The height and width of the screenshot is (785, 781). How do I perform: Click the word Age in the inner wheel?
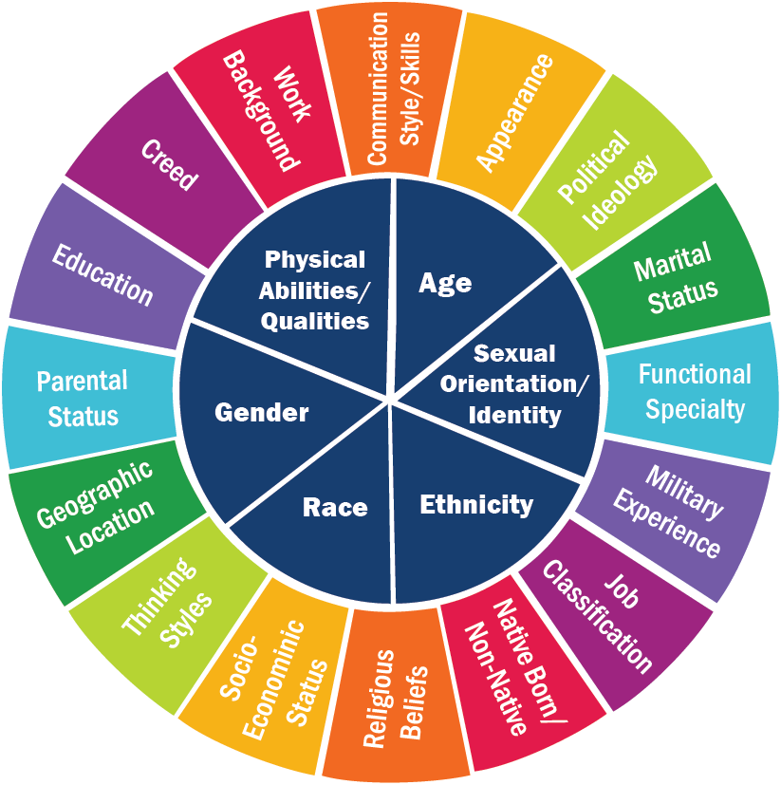(x=445, y=284)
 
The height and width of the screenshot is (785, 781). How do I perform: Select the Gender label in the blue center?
(x=261, y=413)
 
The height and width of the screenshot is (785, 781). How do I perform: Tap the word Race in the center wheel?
(x=335, y=507)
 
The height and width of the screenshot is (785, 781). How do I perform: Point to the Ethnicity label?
(x=476, y=505)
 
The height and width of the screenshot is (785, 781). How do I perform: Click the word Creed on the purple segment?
(x=170, y=165)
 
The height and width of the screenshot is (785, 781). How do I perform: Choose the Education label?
(x=102, y=274)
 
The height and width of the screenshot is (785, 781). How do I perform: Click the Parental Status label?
(x=83, y=399)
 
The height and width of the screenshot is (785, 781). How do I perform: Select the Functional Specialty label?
(x=695, y=392)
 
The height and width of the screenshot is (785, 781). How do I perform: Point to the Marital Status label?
(x=676, y=278)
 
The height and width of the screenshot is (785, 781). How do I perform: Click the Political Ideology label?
(x=607, y=180)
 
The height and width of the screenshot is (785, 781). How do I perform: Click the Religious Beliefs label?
(x=396, y=700)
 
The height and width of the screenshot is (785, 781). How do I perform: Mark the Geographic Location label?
(x=96, y=507)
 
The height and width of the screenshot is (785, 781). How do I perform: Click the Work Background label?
(x=267, y=110)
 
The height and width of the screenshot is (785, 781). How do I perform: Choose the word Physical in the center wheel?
(x=315, y=260)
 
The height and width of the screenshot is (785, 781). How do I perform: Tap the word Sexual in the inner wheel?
(x=514, y=353)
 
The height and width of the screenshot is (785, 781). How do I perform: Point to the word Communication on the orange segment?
(x=378, y=88)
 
